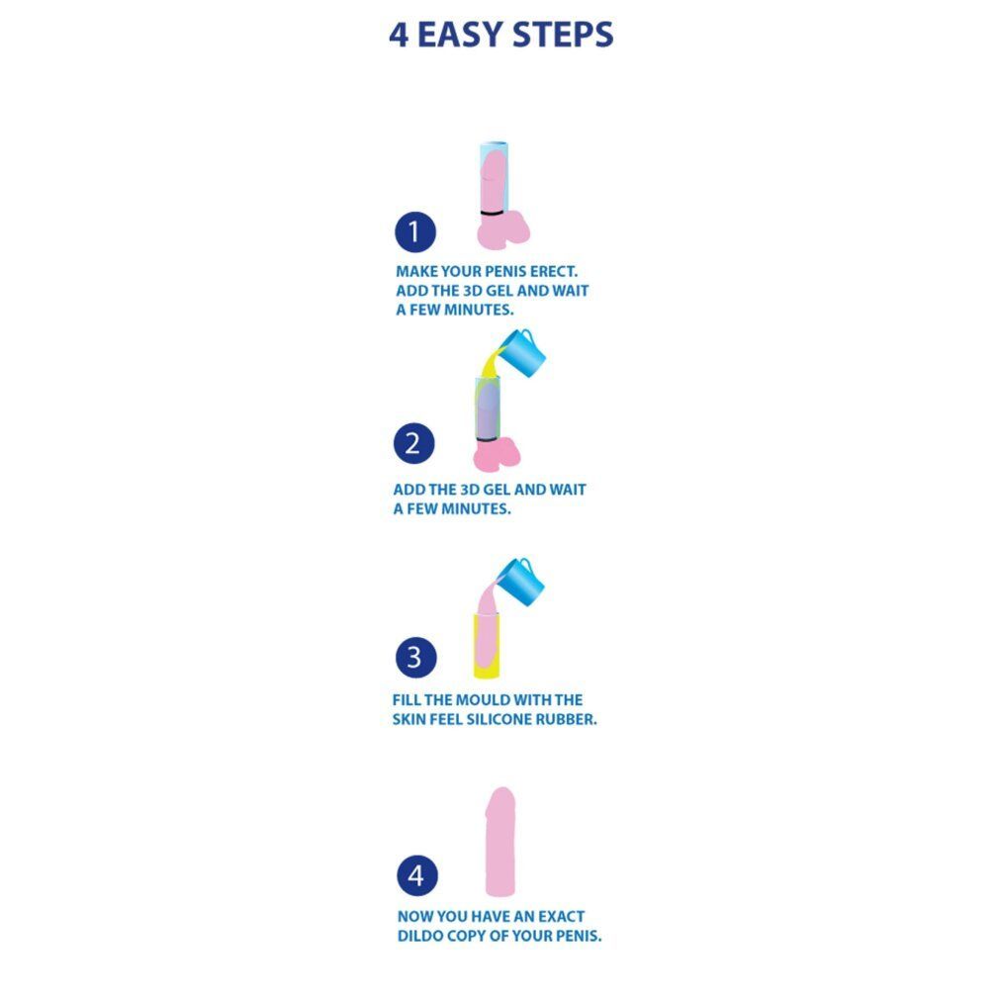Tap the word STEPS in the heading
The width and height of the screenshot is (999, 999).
point(563,35)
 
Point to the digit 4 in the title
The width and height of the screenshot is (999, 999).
point(399,35)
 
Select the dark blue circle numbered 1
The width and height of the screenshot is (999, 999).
point(415,231)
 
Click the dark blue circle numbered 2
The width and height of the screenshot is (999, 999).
point(414,443)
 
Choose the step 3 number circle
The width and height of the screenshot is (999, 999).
point(416,657)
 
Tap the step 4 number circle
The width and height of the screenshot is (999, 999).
point(417,875)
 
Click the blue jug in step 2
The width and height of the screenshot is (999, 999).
point(523,353)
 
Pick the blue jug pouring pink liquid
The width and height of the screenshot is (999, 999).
point(522,583)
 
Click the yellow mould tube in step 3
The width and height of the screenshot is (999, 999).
point(486,646)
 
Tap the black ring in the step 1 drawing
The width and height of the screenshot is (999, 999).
point(492,212)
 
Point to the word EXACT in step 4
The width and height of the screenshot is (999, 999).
point(561,917)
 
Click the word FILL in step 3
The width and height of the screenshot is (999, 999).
point(406,700)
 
